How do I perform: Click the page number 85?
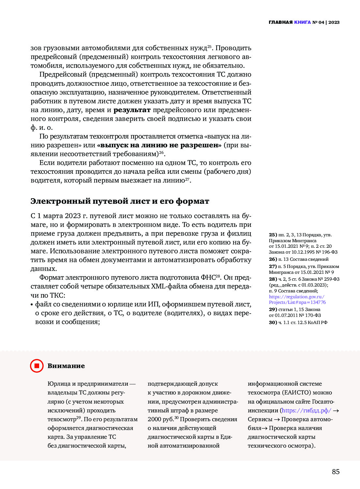pyautogui.click(x=336, y=472)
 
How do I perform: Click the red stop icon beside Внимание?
pyautogui.click(x=37, y=366)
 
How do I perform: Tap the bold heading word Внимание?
pyautogui.click(x=66, y=366)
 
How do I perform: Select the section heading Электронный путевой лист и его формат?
pyautogui.click(x=120, y=201)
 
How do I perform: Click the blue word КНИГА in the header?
pyautogui.click(x=302, y=22)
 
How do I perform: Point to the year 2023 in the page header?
pyautogui.click(x=334, y=22)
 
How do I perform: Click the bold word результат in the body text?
pyautogui.click(x=132, y=110)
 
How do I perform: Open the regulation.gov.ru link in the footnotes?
pyautogui.click(x=297, y=299)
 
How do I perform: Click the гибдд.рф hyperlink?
pyautogui.click(x=306, y=410)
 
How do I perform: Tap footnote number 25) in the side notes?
pyautogui.click(x=273, y=235)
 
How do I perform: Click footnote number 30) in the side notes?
pyautogui.click(x=273, y=322)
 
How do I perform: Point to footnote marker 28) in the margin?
pyautogui.click(x=273, y=279)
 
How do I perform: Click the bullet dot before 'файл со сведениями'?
pyautogui.click(x=32, y=304)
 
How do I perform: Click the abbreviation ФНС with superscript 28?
pyautogui.click(x=209, y=277)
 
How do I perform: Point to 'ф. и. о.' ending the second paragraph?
pyautogui.click(x=41, y=127)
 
